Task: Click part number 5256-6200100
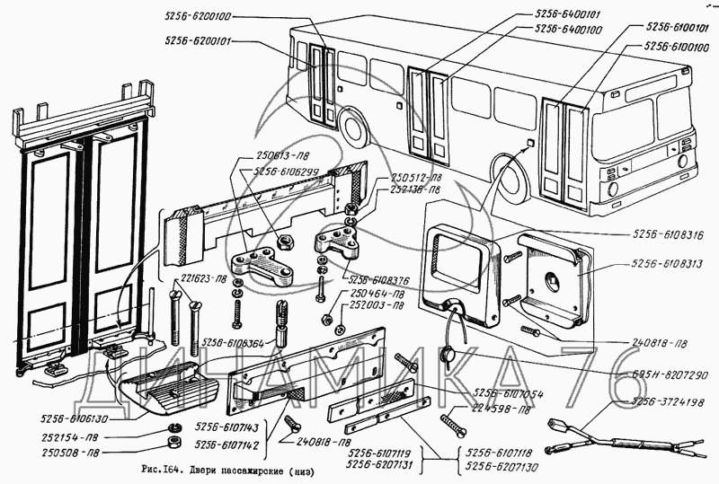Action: (199, 17)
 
